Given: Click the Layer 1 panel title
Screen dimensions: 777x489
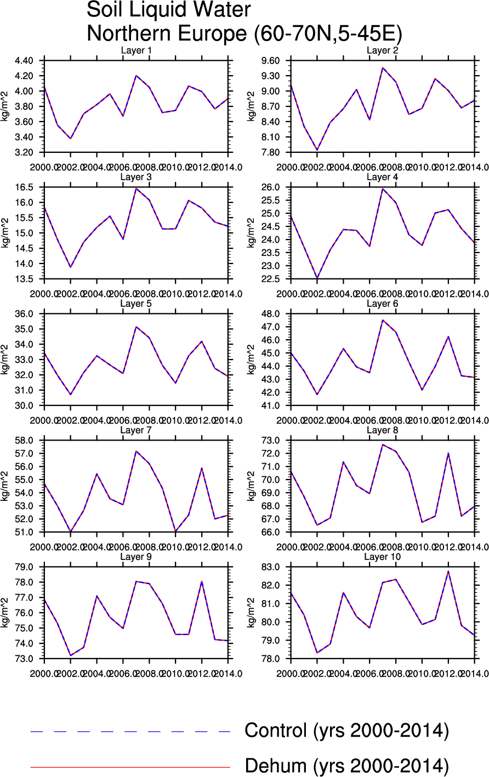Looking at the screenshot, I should [136, 51].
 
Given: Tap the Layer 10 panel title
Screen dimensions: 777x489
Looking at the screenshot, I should [382, 557].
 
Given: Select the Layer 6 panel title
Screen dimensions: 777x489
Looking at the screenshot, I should [382, 304].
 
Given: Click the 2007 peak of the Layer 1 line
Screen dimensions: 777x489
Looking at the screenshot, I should [136, 76].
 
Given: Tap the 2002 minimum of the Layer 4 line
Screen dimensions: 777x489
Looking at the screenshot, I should [316, 278].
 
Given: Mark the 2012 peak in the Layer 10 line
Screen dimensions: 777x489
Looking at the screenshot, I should [448, 572].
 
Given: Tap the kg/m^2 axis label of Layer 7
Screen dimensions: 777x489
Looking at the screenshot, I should [6, 486].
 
